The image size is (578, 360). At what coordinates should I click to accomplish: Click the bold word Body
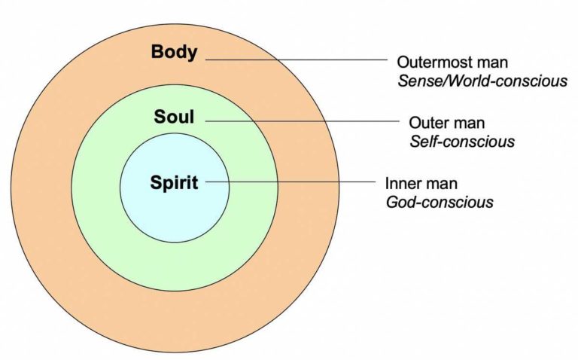click(175, 53)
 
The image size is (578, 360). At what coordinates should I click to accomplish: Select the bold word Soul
click(175, 117)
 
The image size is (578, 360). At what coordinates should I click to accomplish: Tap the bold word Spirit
click(175, 183)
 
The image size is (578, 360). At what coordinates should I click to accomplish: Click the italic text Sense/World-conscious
click(482, 80)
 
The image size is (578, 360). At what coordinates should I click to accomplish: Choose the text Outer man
click(446, 123)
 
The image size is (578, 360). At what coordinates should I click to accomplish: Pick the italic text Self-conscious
click(461, 142)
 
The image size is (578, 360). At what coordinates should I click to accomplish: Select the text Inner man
click(421, 184)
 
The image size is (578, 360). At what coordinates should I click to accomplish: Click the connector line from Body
click(301, 59)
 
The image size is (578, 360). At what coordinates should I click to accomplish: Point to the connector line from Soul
click(301, 121)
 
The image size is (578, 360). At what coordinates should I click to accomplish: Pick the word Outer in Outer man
click(427, 123)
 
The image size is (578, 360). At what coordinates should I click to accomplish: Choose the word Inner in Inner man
click(402, 184)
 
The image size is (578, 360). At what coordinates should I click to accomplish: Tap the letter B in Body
click(157, 53)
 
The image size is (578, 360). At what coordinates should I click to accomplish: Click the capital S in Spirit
click(155, 183)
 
